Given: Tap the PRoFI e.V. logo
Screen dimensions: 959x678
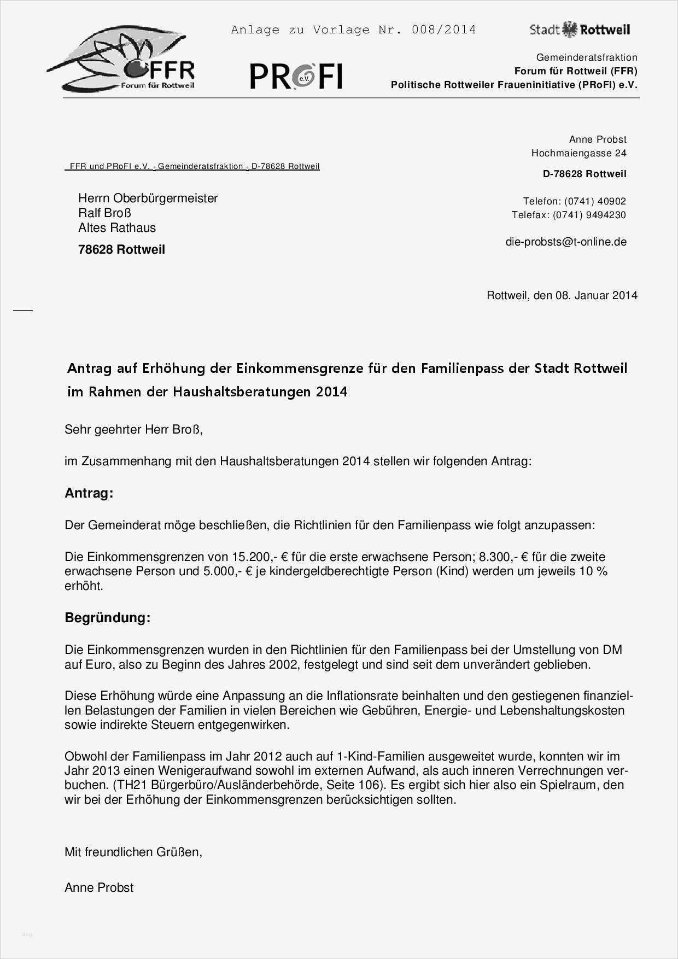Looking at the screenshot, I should click(296, 76).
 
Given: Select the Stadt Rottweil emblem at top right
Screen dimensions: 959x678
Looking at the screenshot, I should click(580, 30).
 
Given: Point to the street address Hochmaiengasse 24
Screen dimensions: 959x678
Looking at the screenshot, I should click(578, 154).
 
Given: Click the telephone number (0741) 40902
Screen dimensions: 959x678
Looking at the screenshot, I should click(595, 201).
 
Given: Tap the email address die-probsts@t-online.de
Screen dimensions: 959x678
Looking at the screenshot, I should click(566, 242).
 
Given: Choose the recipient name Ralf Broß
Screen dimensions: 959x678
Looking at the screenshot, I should click(104, 213).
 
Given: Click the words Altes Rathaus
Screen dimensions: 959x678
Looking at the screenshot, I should click(117, 228).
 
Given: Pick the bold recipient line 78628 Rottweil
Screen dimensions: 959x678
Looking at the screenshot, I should click(121, 250).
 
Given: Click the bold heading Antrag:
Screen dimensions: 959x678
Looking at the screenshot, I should click(89, 493).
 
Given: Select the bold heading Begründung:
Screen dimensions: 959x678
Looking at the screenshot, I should click(107, 618).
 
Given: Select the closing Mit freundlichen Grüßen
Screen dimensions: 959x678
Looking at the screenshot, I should click(133, 852).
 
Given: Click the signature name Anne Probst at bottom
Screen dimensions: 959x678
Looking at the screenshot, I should click(99, 888).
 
